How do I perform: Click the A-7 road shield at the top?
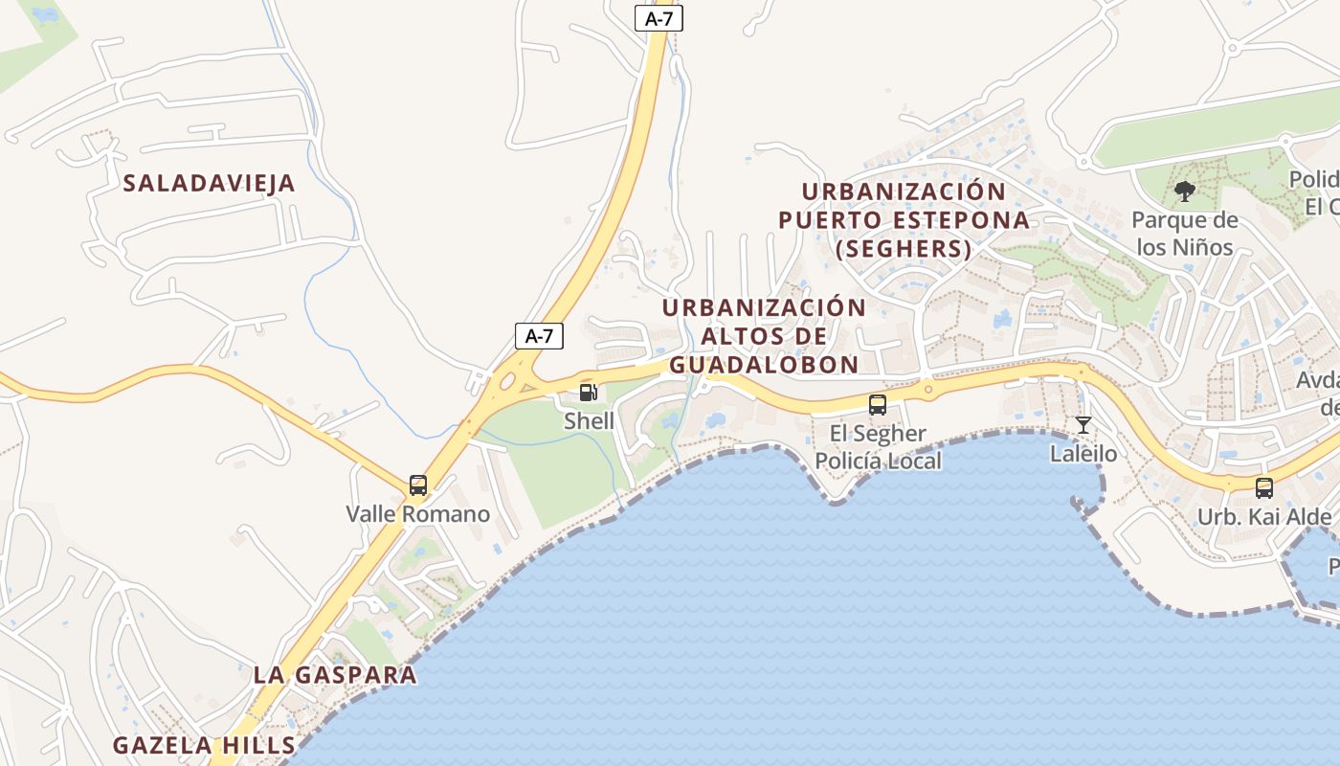click(659, 17)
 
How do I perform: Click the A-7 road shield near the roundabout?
click(539, 336)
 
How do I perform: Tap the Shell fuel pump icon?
click(589, 392)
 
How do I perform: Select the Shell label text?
click(589, 420)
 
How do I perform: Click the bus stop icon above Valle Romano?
click(418, 485)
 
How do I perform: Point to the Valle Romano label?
click(418, 514)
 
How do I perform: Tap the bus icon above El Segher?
click(878, 405)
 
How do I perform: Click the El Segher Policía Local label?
click(878, 447)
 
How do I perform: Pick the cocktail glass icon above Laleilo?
click(1083, 425)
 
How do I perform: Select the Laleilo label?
click(1083, 453)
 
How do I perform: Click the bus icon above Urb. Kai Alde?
click(1264, 488)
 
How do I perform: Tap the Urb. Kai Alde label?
click(1264, 517)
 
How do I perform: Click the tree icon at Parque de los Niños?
click(1185, 191)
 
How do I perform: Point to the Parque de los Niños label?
click(1185, 234)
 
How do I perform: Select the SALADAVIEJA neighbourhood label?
click(210, 184)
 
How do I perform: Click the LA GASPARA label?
click(335, 674)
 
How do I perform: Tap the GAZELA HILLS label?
click(204, 745)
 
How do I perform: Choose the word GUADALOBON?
click(764, 365)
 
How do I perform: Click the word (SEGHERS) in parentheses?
click(904, 250)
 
